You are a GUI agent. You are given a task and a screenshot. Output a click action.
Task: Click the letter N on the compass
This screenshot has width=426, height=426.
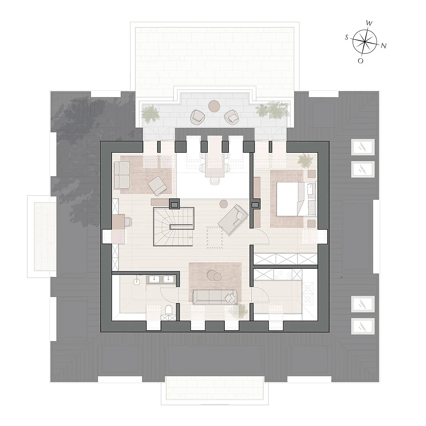(383, 46)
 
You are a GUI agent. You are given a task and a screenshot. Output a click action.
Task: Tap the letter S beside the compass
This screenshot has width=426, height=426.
(347, 37)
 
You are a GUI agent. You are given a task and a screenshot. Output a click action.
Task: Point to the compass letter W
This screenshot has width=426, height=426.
(369, 23)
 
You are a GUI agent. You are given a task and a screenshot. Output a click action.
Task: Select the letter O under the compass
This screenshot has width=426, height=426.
(360, 61)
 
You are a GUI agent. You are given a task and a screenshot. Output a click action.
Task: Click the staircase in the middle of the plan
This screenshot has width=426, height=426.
(174, 227)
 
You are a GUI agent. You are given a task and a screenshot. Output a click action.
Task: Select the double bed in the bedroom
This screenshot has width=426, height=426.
(296, 199)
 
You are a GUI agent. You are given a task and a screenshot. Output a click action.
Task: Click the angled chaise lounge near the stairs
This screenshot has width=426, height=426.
(233, 220)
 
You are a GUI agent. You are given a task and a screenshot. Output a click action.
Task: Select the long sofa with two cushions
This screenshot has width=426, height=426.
(215, 297)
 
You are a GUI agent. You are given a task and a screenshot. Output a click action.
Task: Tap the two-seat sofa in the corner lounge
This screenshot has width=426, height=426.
(122, 175)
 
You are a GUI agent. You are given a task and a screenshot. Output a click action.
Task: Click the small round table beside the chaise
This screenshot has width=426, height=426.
(224, 204)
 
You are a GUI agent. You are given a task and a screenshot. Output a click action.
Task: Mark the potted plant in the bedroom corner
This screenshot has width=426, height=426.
(305, 160)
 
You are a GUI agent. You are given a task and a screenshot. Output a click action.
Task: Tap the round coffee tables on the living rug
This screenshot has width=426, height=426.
(214, 275)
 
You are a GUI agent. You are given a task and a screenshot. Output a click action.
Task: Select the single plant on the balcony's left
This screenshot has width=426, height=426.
(150, 113)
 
